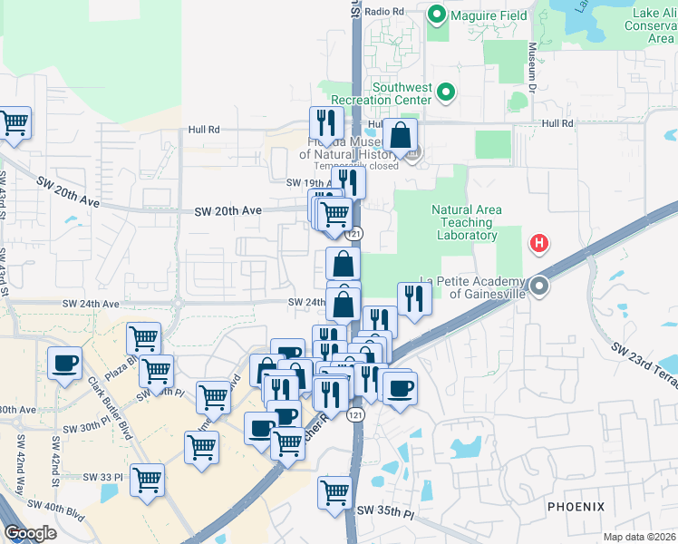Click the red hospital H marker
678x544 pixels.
click(x=539, y=243)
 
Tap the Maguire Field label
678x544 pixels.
click(x=483, y=15)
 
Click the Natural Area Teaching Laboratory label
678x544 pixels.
click(x=466, y=222)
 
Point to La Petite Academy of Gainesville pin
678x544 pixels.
click(x=539, y=287)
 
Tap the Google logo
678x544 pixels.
click(x=30, y=533)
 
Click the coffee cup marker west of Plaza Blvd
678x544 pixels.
click(x=64, y=364)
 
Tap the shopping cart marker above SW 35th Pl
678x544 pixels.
click(x=334, y=492)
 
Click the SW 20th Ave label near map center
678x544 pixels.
click(x=228, y=210)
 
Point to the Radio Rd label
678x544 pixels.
click(x=385, y=11)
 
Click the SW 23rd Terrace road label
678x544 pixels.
click(x=644, y=363)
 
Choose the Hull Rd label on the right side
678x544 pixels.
click(x=558, y=123)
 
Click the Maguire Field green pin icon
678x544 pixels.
click(x=436, y=15)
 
